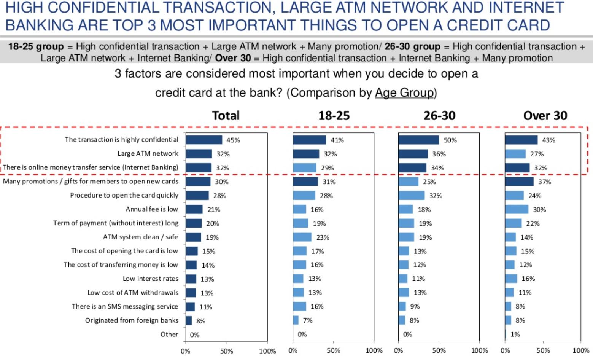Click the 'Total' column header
point(226,115)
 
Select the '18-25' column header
point(334,115)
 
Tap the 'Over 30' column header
point(545,115)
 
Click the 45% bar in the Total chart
point(204,140)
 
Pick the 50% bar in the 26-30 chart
point(418,140)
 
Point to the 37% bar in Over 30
point(519,182)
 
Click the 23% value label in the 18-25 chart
point(323,237)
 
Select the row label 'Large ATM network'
point(148,153)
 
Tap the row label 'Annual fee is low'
point(152,209)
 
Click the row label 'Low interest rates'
point(150,279)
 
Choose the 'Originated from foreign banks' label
point(132,320)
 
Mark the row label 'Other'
point(169,334)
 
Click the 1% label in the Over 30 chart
point(515,334)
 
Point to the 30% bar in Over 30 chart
point(517,209)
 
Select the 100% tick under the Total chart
point(267,351)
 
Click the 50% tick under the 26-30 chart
point(439,351)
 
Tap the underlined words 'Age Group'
point(404,92)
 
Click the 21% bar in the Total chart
point(194,209)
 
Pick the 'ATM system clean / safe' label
point(140,237)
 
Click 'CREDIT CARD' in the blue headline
point(498,25)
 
